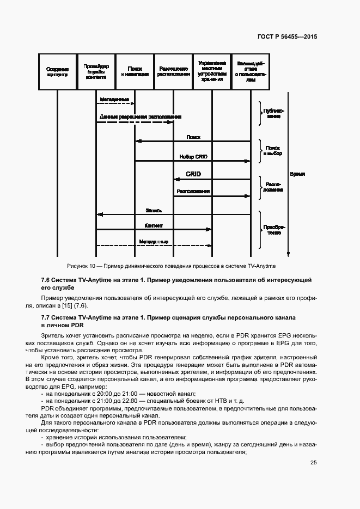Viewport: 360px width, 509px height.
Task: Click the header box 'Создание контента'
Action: [x=57, y=72]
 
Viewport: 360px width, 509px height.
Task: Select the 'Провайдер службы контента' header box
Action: [x=96, y=72]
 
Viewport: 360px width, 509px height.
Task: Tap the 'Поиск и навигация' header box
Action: [x=135, y=72]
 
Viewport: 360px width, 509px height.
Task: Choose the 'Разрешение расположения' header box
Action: [x=173, y=72]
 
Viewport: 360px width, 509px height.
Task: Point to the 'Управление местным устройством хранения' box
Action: [x=212, y=72]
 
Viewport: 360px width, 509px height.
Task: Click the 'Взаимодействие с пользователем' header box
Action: [x=251, y=72]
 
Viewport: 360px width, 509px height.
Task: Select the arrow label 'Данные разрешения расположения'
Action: [x=140, y=117]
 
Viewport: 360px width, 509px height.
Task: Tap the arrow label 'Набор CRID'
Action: [x=193, y=157]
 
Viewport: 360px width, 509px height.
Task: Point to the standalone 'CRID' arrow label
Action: [x=193, y=174]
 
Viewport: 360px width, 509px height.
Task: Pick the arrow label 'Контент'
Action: [x=154, y=225]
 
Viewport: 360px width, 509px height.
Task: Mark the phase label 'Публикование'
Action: [x=273, y=113]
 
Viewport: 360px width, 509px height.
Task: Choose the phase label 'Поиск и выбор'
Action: [x=273, y=151]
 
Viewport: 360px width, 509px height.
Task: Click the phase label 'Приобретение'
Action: [x=273, y=229]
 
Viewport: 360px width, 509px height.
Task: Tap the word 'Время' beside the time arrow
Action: [x=297, y=174]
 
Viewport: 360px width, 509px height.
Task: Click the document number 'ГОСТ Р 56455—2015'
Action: [x=287, y=38]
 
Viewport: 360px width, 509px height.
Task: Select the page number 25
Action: [x=314, y=463]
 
